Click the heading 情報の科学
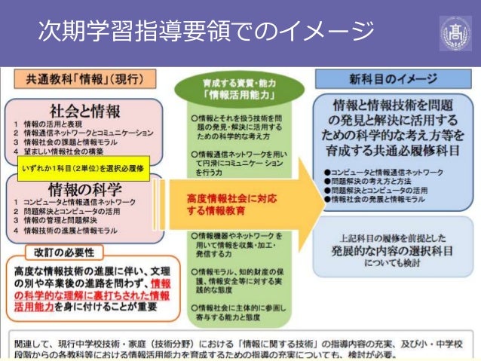[x=84, y=188]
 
